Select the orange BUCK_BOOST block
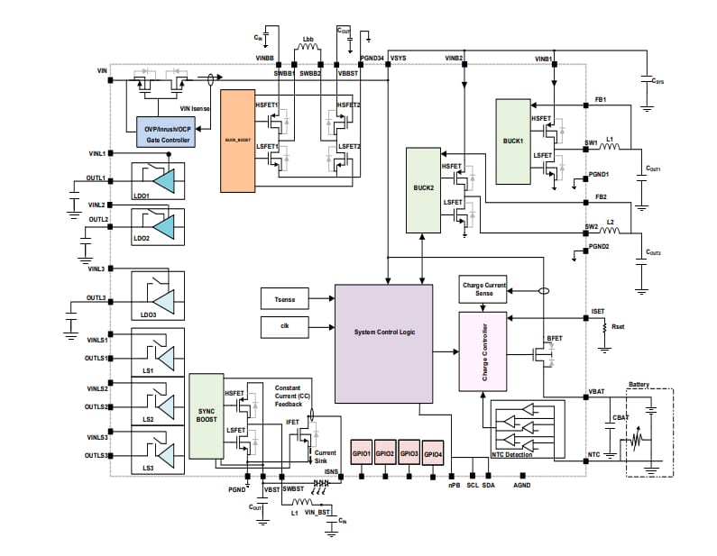pos(238,140)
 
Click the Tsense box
pos(284,297)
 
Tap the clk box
pos(284,325)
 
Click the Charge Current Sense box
pos(483,288)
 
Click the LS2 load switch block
pos(158,406)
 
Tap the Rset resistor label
pos(620,327)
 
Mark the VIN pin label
pos(102,70)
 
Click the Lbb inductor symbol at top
pos(308,50)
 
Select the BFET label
pos(554,339)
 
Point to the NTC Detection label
pos(511,454)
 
